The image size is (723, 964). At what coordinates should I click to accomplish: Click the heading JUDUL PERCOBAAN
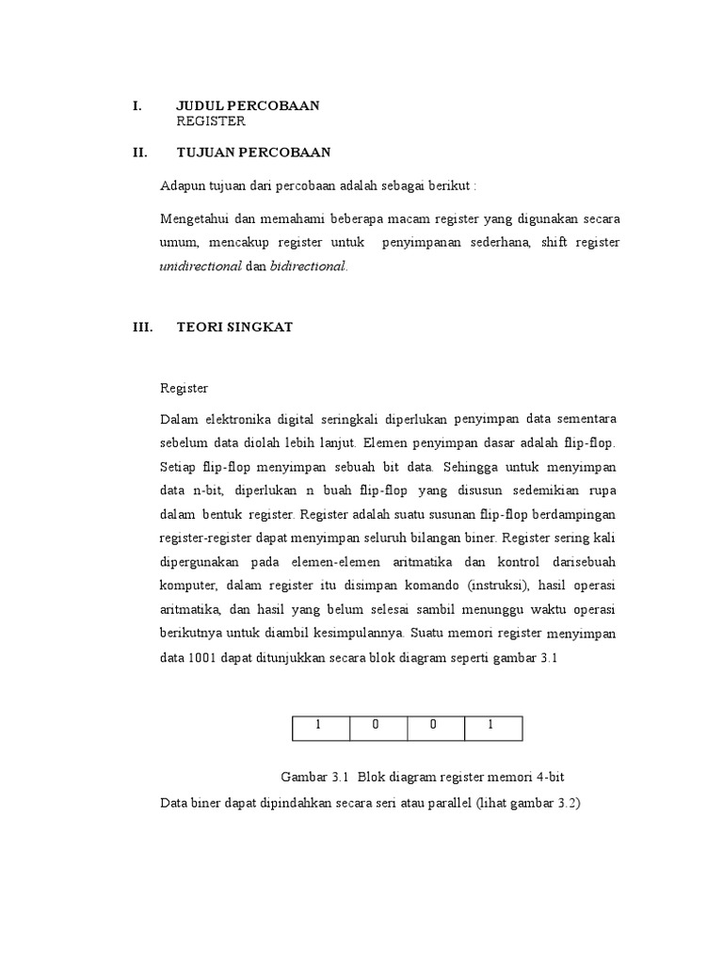pyautogui.click(x=248, y=105)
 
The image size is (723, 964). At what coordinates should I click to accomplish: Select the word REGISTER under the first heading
pyautogui.click(x=211, y=121)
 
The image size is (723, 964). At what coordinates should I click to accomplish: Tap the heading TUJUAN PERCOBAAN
pyautogui.click(x=253, y=153)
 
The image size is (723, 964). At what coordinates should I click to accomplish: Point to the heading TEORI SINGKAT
pyautogui.click(x=234, y=328)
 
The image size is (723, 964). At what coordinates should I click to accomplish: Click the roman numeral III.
pyautogui.click(x=141, y=328)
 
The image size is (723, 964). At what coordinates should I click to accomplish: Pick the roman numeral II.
pyautogui.click(x=140, y=153)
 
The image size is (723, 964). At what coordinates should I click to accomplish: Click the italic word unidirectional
pyautogui.click(x=201, y=266)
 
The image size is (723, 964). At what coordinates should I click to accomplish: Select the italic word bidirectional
pyautogui.click(x=309, y=266)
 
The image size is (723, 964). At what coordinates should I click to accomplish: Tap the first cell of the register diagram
pyautogui.click(x=319, y=728)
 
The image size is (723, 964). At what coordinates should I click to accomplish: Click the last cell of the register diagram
pyautogui.click(x=493, y=728)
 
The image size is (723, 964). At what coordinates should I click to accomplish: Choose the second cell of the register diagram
pyautogui.click(x=378, y=728)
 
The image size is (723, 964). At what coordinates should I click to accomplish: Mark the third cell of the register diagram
pyautogui.click(x=436, y=728)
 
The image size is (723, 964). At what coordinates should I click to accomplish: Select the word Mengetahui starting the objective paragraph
pyautogui.click(x=195, y=218)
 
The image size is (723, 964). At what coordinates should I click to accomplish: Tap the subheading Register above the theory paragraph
pyautogui.click(x=184, y=388)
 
